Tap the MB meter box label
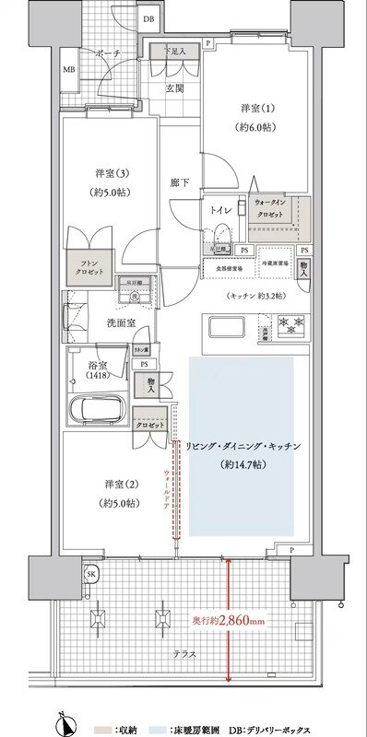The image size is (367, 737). tap(68, 70)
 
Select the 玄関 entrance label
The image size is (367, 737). tap(173, 88)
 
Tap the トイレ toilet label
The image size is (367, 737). tap(221, 211)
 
